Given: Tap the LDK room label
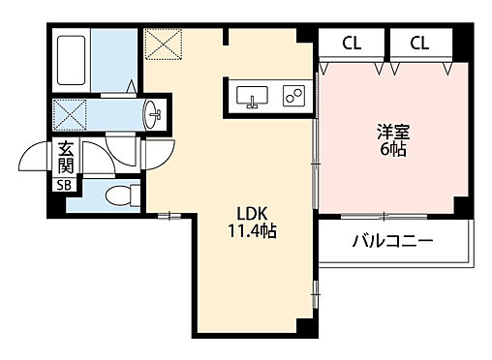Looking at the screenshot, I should [242, 215].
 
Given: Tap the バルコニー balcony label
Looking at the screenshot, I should [391, 242].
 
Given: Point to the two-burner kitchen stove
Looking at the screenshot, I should [292, 97].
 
